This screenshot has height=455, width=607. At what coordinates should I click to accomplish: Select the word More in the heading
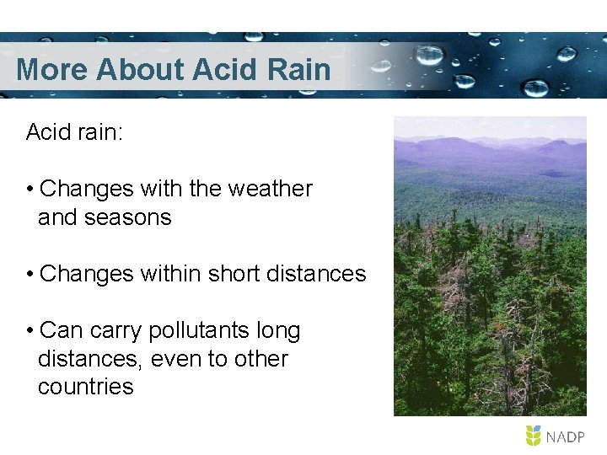coord(51,69)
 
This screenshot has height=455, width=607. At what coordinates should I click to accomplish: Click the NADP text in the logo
coord(566,436)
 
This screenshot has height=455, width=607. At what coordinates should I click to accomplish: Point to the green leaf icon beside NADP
coord(534,436)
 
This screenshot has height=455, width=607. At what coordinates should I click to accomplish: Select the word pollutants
coord(200,331)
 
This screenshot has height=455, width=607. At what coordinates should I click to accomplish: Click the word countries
coord(85,387)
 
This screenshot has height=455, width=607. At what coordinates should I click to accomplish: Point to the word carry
coord(112,331)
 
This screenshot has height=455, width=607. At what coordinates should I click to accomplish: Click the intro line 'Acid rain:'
coord(75,132)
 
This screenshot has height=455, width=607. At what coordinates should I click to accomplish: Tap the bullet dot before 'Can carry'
coord(30,331)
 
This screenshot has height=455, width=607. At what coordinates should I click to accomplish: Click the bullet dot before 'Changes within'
coord(30,275)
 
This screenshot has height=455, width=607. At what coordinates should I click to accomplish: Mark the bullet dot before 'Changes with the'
coord(30,190)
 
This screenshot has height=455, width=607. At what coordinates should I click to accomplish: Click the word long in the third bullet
coord(278,331)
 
